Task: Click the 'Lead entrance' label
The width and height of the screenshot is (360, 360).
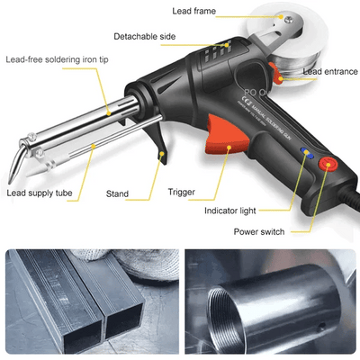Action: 330,71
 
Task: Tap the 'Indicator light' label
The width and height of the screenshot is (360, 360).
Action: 230,211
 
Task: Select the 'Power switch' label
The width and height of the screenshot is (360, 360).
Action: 259,231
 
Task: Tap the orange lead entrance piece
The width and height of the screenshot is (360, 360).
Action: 286,79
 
